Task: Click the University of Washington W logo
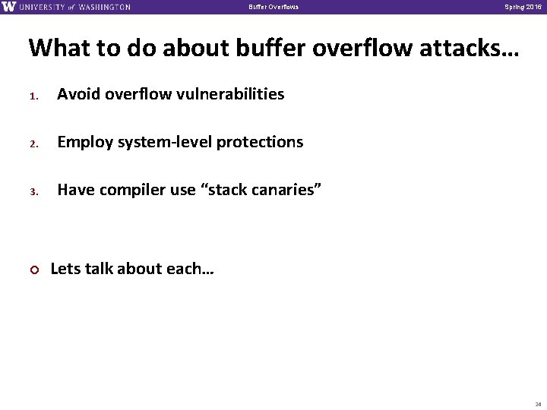point(8,7)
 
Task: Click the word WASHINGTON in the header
point(103,8)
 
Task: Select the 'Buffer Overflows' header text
point(273,8)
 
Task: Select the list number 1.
point(33,96)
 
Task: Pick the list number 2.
point(33,143)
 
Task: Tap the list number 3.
point(33,191)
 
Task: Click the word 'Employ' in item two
point(84,142)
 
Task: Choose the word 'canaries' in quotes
point(288,189)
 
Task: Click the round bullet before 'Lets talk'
point(33,268)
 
